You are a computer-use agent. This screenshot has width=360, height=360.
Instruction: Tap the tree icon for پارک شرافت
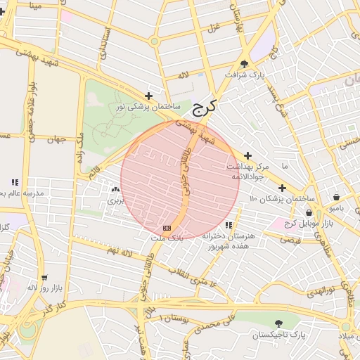tap(244, 63)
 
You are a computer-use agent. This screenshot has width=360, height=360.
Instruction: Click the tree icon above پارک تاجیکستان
tap(279, 324)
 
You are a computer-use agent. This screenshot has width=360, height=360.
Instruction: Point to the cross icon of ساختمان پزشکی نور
tap(148, 96)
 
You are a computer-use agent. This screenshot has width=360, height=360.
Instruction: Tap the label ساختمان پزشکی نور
tap(148, 106)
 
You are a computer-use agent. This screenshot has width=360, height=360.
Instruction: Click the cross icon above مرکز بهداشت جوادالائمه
tap(247, 155)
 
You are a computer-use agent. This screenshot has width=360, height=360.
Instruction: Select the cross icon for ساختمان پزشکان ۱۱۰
tap(282, 188)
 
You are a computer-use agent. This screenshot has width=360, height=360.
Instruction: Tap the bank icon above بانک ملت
tap(167, 228)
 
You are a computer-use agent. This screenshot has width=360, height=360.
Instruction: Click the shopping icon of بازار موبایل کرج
tap(309, 213)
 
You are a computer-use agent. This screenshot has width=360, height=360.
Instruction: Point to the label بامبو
tap(337, 208)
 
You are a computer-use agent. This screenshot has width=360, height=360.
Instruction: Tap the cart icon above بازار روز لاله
tap(45, 277)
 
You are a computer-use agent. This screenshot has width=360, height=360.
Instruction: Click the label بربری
tap(115, 200)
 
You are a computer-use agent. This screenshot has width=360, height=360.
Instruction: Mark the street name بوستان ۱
tap(176, 319)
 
